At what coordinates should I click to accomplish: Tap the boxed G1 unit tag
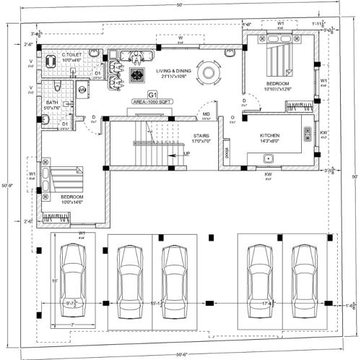pyautogui.click(x=152, y=95)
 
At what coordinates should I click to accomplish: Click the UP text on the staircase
pyautogui.click(x=187, y=153)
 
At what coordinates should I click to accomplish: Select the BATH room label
pyautogui.click(x=52, y=104)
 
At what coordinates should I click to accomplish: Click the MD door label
pyautogui.click(x=206, y=114)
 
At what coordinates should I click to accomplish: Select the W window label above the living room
pyautogui.click(x=180, y=37)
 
